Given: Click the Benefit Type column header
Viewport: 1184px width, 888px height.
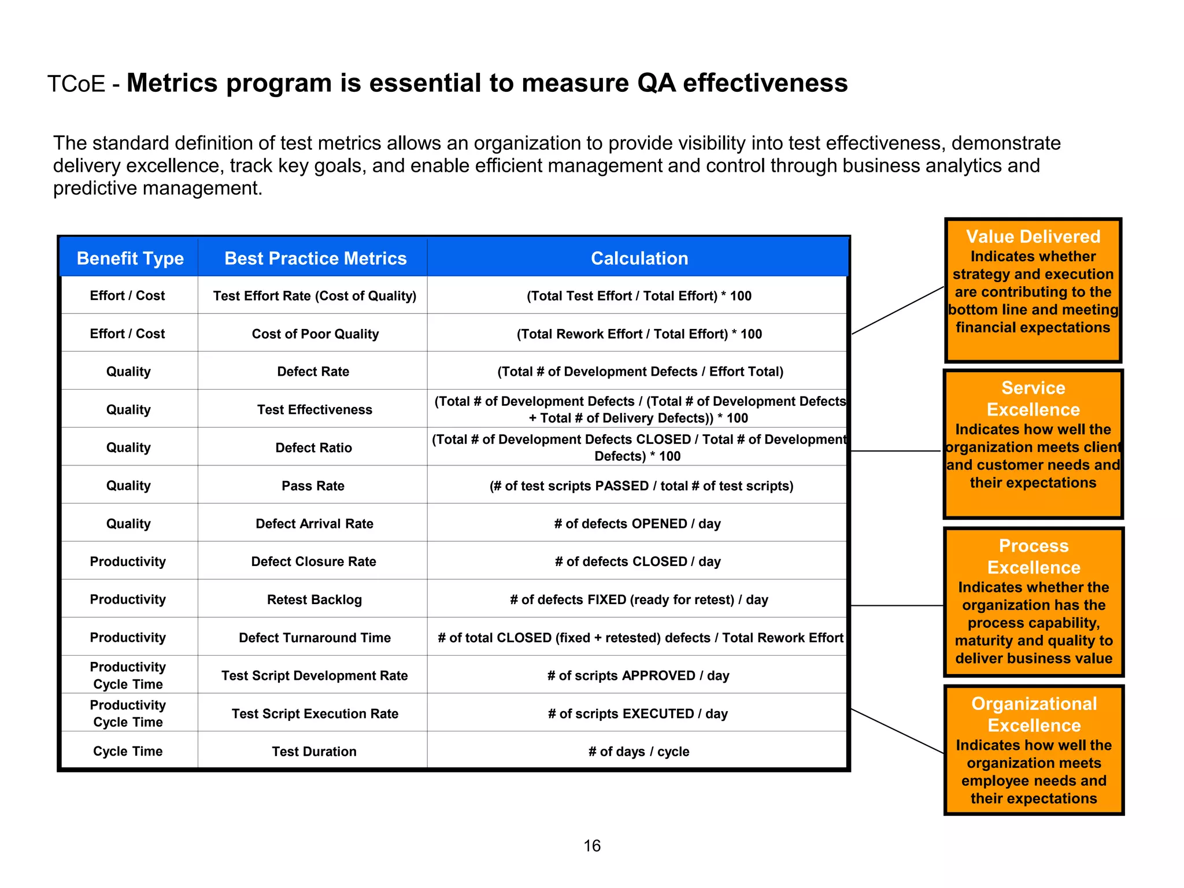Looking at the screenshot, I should click(130, 258).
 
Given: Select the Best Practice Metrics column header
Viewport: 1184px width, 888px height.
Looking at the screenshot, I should click(315, 258).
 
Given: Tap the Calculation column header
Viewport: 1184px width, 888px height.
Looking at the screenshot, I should click(639, 258).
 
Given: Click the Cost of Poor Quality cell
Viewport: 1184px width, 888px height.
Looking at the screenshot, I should click(315, 334).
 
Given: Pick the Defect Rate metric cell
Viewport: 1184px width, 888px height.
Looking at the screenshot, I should click(313, 372).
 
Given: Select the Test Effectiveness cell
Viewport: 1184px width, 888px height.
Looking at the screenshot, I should click(314, 410).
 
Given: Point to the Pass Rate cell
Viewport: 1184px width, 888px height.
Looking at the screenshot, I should click(313, 486).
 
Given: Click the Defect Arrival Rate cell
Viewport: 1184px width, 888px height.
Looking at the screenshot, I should click(314, 524).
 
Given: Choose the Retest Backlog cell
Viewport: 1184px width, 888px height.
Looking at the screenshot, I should click(314, 600).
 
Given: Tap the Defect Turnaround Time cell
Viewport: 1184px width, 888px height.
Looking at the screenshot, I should click(314, 638).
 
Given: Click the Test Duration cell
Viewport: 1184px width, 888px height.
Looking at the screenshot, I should click(314, 752).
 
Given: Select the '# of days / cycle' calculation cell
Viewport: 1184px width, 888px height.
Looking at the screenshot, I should click(639, 752).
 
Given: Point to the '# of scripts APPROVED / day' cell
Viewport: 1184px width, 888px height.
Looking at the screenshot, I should click(638, 676).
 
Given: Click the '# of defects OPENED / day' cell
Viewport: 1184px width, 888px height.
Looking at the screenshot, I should click(638, 524).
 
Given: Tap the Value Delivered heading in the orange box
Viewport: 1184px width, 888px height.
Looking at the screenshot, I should click(1033, 236).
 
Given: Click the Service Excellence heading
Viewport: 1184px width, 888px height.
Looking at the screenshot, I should click(1033, 398).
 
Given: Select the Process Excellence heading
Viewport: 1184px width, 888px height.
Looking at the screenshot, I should click(1034, 556).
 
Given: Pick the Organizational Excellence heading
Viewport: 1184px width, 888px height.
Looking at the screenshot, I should click(1034, 714).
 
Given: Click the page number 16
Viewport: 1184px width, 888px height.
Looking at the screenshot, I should click(592, 846).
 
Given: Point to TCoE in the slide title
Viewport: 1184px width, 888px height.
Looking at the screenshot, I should click(76, 84).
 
